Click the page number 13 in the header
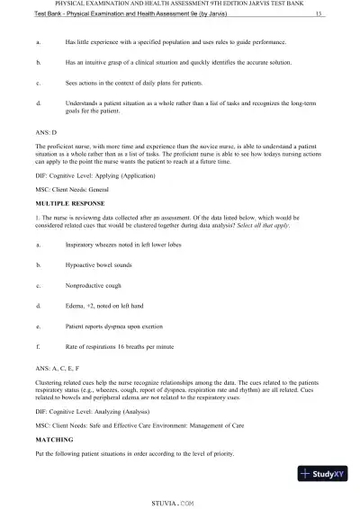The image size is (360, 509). click(320, 15)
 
